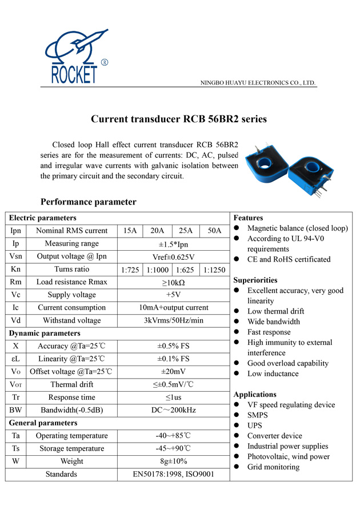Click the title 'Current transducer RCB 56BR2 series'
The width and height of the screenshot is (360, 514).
tap(179, 119)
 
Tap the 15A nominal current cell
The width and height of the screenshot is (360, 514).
tap(130, 231)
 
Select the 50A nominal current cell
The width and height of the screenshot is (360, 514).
tap(214, 231)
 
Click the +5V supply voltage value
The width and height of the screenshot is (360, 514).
tap(173, 295)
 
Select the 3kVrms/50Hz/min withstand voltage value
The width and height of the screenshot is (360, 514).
tap(173, 320)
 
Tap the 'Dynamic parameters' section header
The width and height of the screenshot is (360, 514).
tap(45, 333)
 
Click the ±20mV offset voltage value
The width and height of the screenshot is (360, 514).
tap(173, 371)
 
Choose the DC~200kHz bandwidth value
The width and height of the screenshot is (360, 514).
tap(173, 410)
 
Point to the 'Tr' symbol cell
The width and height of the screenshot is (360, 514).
tap(15, 397)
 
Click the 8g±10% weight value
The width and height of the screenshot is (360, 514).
tap(173, 461)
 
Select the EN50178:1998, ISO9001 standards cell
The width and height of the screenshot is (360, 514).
tap(173, 474)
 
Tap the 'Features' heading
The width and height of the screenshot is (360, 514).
tap(248, 218)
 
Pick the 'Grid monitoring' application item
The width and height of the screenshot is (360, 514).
tap(273, 467)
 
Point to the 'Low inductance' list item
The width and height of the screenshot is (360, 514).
tap(273, 374)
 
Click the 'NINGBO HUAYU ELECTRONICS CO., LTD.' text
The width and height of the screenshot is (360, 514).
tap(258, 83)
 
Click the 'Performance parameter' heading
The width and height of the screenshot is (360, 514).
tap(88, 202)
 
